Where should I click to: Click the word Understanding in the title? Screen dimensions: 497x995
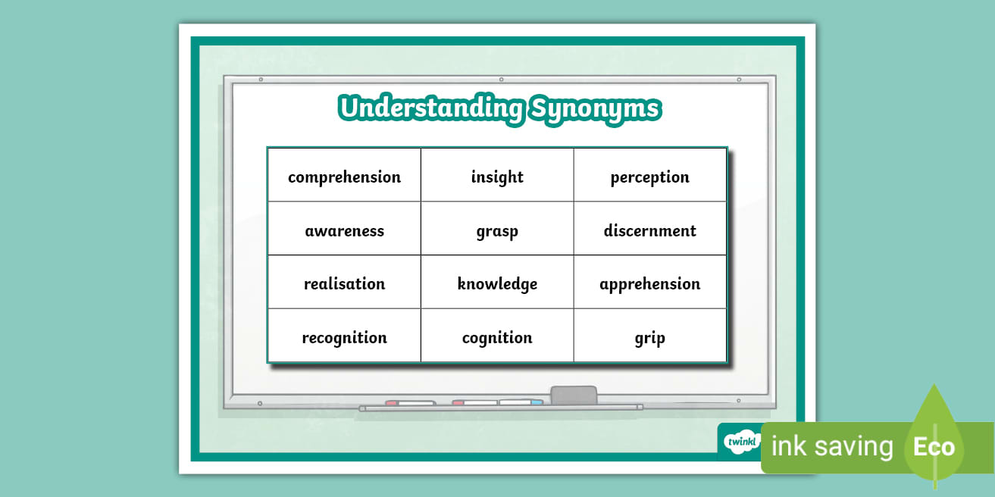430,108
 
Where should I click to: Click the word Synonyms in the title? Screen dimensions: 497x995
594,108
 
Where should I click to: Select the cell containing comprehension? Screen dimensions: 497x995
344,177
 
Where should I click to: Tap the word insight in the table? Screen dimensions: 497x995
497,177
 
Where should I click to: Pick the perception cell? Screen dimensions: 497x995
649,177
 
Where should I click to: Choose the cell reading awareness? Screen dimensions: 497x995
344,230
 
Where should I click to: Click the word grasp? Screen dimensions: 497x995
497,231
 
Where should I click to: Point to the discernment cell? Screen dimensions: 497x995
649,230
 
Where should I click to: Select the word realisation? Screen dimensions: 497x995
344,283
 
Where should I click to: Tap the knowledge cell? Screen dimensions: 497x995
497,283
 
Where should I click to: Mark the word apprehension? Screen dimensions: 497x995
649,284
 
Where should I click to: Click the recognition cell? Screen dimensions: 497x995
344,337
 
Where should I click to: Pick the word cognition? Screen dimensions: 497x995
497,337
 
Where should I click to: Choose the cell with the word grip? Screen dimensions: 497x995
649,337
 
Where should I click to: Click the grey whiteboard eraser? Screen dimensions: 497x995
573,395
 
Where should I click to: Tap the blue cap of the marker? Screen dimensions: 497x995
537,402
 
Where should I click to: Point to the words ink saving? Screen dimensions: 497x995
832,446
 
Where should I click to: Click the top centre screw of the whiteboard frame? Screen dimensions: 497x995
501,79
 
